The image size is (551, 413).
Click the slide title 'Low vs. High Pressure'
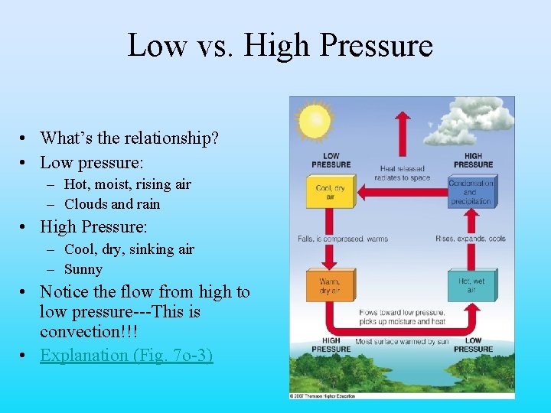(x=279, y=46)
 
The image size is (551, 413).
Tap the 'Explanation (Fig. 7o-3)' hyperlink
(x=126, y=355)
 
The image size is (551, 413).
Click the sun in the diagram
(x=314, y=121)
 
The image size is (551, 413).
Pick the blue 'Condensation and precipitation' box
(x=471, y=192)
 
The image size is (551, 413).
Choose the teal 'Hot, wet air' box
(x=471, y=286)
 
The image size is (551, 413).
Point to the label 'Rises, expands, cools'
(x=470, y=239)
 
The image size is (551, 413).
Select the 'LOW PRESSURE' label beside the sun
(x=331, y=160)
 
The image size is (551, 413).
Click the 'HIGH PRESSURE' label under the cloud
(x=473, y=160)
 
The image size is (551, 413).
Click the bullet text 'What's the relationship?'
(x=129, y=138)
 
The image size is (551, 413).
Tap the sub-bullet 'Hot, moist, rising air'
(x=128, y=184)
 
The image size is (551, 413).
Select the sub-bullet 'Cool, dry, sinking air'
(x=129, y=249)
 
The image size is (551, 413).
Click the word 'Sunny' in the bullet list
(x=83, y=269)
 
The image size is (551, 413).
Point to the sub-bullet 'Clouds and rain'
(x=112, y=204)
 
